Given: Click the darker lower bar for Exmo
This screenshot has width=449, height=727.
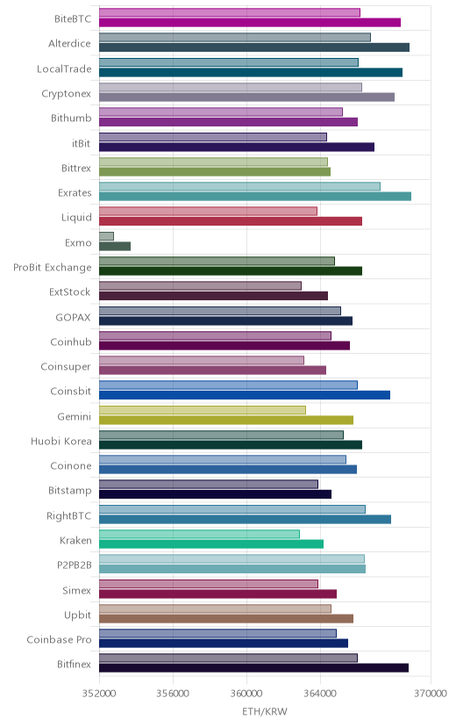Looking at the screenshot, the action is tap(115, 246).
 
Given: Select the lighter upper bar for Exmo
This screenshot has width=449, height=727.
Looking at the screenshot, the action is tap(106, 236).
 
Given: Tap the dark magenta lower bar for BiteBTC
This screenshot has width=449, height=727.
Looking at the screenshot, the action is tap(250, 22).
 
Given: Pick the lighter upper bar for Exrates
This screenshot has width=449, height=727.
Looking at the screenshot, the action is tap(239, 186).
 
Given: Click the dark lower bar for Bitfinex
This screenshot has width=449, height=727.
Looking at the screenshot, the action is tap(253, 667).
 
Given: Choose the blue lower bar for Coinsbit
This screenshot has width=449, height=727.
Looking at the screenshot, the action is tap(245, 395).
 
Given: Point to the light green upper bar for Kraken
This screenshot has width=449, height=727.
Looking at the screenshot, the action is tap(199, 534).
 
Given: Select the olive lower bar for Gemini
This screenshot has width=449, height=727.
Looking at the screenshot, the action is tap(226, 420).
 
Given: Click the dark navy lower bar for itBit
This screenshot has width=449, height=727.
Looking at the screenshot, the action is tap(237, 147).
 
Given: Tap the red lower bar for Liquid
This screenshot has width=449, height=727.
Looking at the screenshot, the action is tap(231, 221).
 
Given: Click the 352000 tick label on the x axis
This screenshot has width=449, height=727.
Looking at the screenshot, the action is tap(99, 694).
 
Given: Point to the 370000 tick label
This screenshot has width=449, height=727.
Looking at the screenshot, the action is tap(431, 694).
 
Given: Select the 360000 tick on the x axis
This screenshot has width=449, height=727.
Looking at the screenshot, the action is tap(246, 694).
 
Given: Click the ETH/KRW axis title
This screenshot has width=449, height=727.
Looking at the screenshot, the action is tap(265, 711).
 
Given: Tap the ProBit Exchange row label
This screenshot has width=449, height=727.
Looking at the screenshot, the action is tap(53, 268).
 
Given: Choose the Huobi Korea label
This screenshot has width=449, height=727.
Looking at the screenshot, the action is tap(61, 442).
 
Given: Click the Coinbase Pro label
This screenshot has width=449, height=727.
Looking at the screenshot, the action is tap(60, 640).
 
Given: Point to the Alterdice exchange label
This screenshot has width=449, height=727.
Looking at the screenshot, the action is tap(69, 44).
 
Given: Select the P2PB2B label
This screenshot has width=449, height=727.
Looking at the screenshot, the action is tap(74, 565).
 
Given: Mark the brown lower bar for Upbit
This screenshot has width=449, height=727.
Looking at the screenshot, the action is tap(226, 618).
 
